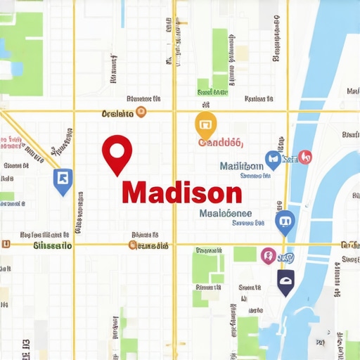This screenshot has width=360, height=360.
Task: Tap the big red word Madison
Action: point(181,192)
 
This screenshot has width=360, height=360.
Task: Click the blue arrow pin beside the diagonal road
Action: point(62,179)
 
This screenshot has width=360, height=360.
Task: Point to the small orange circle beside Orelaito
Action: point(141,112)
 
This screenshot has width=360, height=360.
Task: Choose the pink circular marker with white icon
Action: point(267,255)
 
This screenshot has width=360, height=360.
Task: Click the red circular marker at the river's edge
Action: point(304,157)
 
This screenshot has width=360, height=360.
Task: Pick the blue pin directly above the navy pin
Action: point(285,223)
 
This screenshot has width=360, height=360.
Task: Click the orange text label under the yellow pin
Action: point(220,143)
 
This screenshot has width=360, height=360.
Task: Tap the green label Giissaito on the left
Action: point(53,246)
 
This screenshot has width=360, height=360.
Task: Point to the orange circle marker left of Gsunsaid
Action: point(133,245)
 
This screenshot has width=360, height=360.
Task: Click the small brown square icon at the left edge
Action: point(6,245)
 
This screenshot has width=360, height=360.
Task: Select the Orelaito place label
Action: point(117,112)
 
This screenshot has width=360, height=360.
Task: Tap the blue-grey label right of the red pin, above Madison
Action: point(241,167)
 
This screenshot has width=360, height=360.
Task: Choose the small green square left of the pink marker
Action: point(245,254)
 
